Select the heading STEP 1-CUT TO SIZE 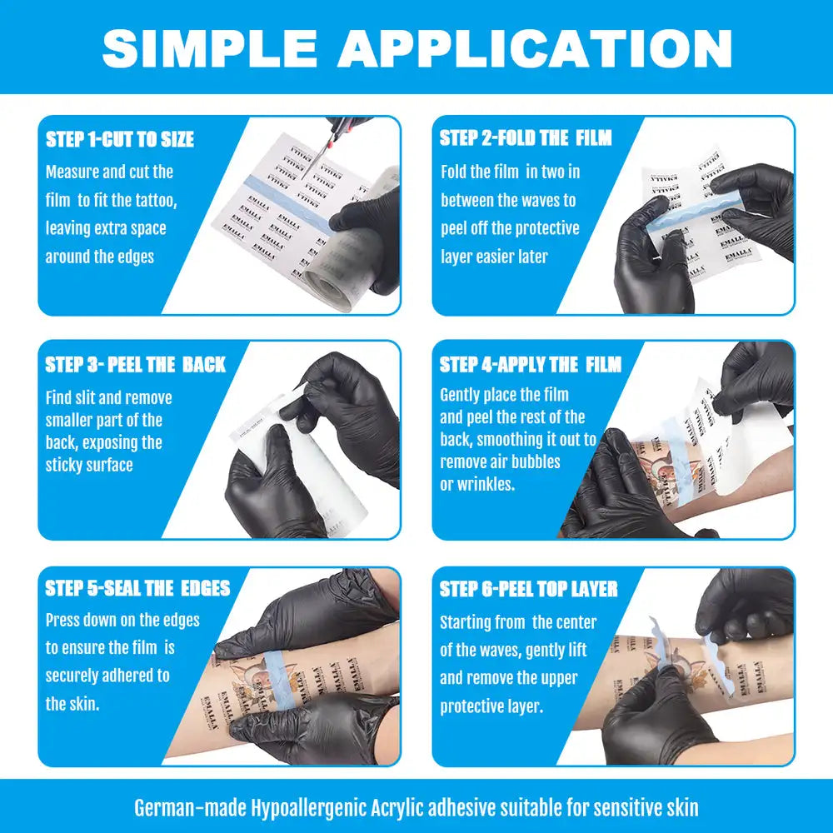point(121,139)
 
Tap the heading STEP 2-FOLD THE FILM point(526,138)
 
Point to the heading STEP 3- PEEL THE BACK point(135,365)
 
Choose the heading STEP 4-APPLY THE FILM point(530,365)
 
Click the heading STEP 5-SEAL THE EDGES point(137,589)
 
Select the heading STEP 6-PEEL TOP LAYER point(528,589)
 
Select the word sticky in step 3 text point(66,465)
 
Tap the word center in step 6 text point(576,622)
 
